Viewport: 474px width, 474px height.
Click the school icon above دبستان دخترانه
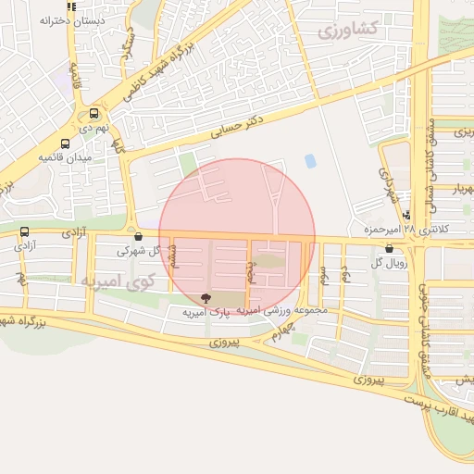[x=72, y=6]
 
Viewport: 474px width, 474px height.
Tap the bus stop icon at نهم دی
[x=94, y=115]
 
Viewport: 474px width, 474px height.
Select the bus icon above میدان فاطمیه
[x=65, y=143]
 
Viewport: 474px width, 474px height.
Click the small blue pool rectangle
[x=309, y=161]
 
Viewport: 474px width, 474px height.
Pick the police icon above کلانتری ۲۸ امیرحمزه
[x=407, y=215]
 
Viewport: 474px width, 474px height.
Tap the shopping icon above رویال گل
[x=388, y=248]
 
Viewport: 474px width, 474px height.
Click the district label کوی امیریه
[x=116, y=280]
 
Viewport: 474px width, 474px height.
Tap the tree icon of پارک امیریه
[x=206, y=298]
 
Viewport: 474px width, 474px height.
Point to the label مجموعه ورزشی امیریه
[x=282, y=311]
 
